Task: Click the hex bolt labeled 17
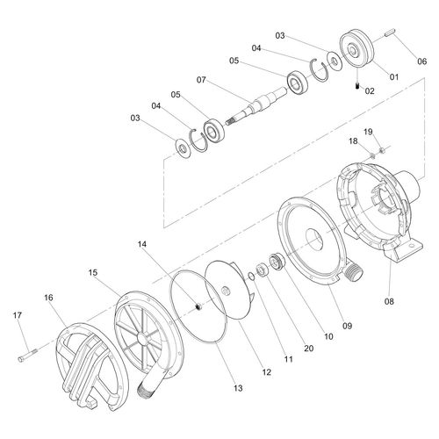click(26, 357)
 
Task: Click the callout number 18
click(352, 140)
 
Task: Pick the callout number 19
click(368, 132)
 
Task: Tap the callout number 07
click(202, 81)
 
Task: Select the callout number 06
click(421, 61)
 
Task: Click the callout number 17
click(17, 315)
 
